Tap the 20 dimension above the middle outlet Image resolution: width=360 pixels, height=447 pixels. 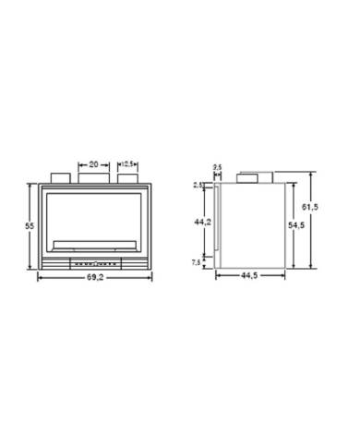click(x=93, y=158)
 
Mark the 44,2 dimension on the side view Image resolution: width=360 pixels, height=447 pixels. click(x=200, y=222)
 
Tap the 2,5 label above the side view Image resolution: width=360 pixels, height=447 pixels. click(x=218, y=166)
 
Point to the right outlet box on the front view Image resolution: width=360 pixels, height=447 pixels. click(x=127, y=175)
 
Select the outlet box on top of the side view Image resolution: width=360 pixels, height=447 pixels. click(x=252, y=175)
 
